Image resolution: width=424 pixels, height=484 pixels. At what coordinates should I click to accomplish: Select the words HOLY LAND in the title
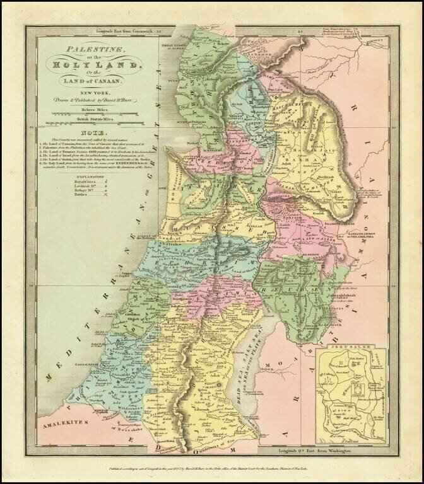pos(91,63)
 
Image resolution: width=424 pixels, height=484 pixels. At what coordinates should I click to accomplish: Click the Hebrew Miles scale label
pos(91,109)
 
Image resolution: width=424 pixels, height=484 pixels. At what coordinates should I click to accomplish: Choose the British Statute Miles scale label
pos(91,119)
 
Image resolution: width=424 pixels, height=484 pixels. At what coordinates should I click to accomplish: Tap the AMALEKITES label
pos(61,426)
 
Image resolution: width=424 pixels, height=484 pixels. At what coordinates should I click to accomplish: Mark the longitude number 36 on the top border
pos(301,30)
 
